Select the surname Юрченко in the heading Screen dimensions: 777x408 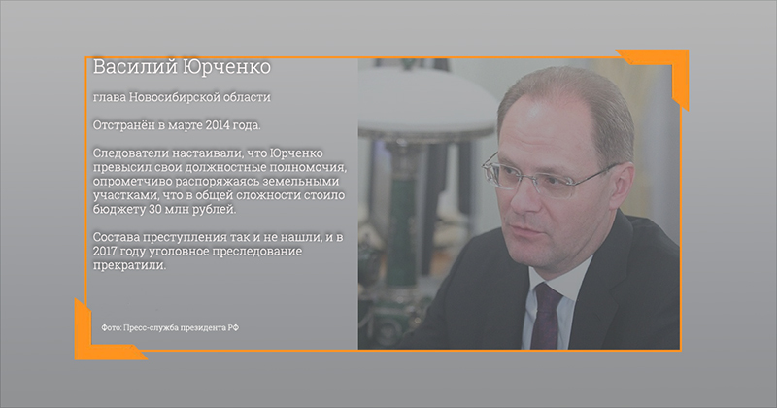coord(227,66)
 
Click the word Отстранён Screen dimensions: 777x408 coord(124,125)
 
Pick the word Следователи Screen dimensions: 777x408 coord(126,153)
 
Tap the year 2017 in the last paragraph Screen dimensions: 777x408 coord(105,251)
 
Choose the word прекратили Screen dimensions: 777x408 coord(129,265)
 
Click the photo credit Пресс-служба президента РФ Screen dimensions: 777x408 coord(182,327)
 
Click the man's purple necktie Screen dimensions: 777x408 coord(546,317)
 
